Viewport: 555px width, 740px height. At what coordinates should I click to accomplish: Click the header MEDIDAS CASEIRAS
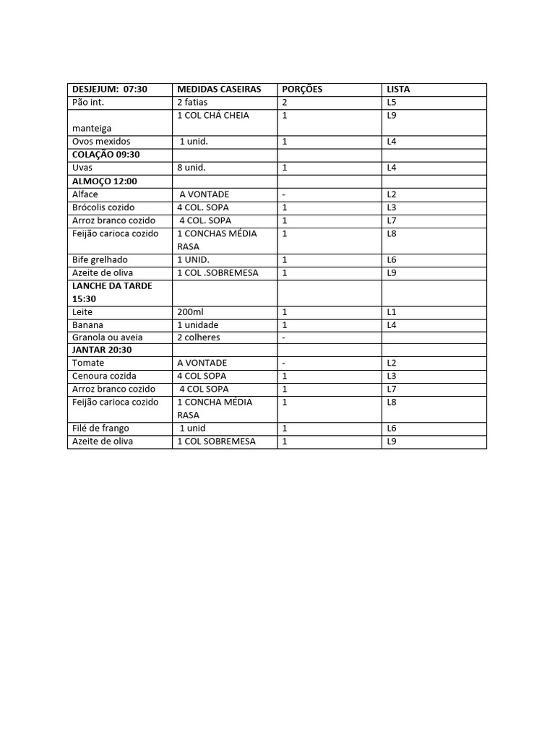coord(219,90)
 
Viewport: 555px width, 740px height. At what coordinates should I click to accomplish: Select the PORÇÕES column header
coord(302,90)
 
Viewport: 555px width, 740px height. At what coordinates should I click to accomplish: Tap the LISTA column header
coord(398,90)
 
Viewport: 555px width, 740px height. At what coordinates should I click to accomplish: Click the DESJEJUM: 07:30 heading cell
coord(110,90)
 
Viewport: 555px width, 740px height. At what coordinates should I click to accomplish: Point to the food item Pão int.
coord(88,103)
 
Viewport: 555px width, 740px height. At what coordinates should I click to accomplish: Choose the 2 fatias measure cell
coord(192,103)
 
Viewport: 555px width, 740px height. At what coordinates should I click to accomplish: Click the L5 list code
coord(392,103)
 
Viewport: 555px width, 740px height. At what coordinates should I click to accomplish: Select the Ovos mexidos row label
coord(101,142)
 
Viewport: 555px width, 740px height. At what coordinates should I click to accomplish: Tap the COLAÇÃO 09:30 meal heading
coord(106,155)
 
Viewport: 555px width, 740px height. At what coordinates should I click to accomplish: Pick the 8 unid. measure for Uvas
coord(192,168)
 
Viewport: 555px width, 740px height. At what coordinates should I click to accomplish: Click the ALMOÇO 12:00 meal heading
coord(105,181)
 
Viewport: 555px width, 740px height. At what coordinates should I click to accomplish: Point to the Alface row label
coord(85,194)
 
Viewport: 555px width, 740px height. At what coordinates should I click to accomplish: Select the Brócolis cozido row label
coord(103,207)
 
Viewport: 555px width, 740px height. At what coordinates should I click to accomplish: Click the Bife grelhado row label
coord(100,259)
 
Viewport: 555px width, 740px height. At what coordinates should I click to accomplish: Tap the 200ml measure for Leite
coord(190,311)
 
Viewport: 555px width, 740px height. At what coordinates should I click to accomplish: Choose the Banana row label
coord(87,324)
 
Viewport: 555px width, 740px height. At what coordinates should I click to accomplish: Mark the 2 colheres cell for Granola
coord(199,337)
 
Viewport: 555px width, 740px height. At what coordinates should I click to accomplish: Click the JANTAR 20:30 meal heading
coord(102,350)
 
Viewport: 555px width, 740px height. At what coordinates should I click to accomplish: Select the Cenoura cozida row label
coord(104,377)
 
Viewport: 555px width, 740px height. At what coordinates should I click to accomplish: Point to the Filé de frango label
coord(100,429)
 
